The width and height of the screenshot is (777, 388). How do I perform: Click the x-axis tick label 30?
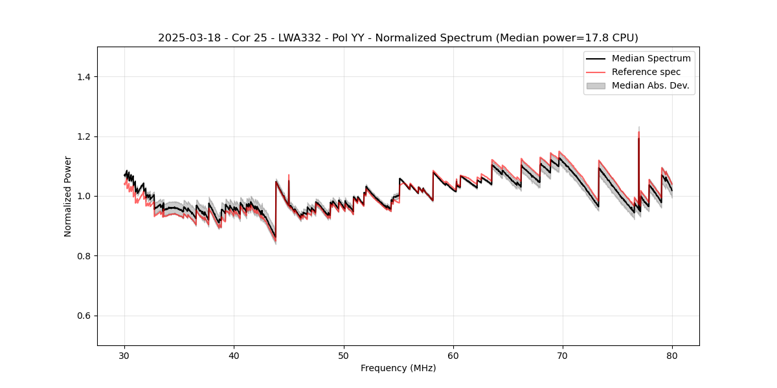pos(124,356)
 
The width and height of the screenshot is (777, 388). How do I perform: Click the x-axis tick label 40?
pos(234,356)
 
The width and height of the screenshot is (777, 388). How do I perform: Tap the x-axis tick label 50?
pos(344,356)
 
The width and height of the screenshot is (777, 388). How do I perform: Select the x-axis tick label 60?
pos(453,356)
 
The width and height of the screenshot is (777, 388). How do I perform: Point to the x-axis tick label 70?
pos(563,356)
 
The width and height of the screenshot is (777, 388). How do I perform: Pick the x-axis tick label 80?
pos(672,356)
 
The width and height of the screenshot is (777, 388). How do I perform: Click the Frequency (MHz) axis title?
pos(398,368)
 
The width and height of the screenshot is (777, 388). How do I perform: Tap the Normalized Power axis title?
pos(68,196)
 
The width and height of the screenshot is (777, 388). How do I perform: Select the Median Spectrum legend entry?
pos(651,58)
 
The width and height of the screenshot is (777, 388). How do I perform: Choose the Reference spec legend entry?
pos(646,72)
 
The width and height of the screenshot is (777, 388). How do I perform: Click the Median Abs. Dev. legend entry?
pos(650,85)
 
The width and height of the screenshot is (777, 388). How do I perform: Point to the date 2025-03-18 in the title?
pos(185,38)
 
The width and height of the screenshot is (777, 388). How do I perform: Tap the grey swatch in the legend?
pos(596,85)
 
